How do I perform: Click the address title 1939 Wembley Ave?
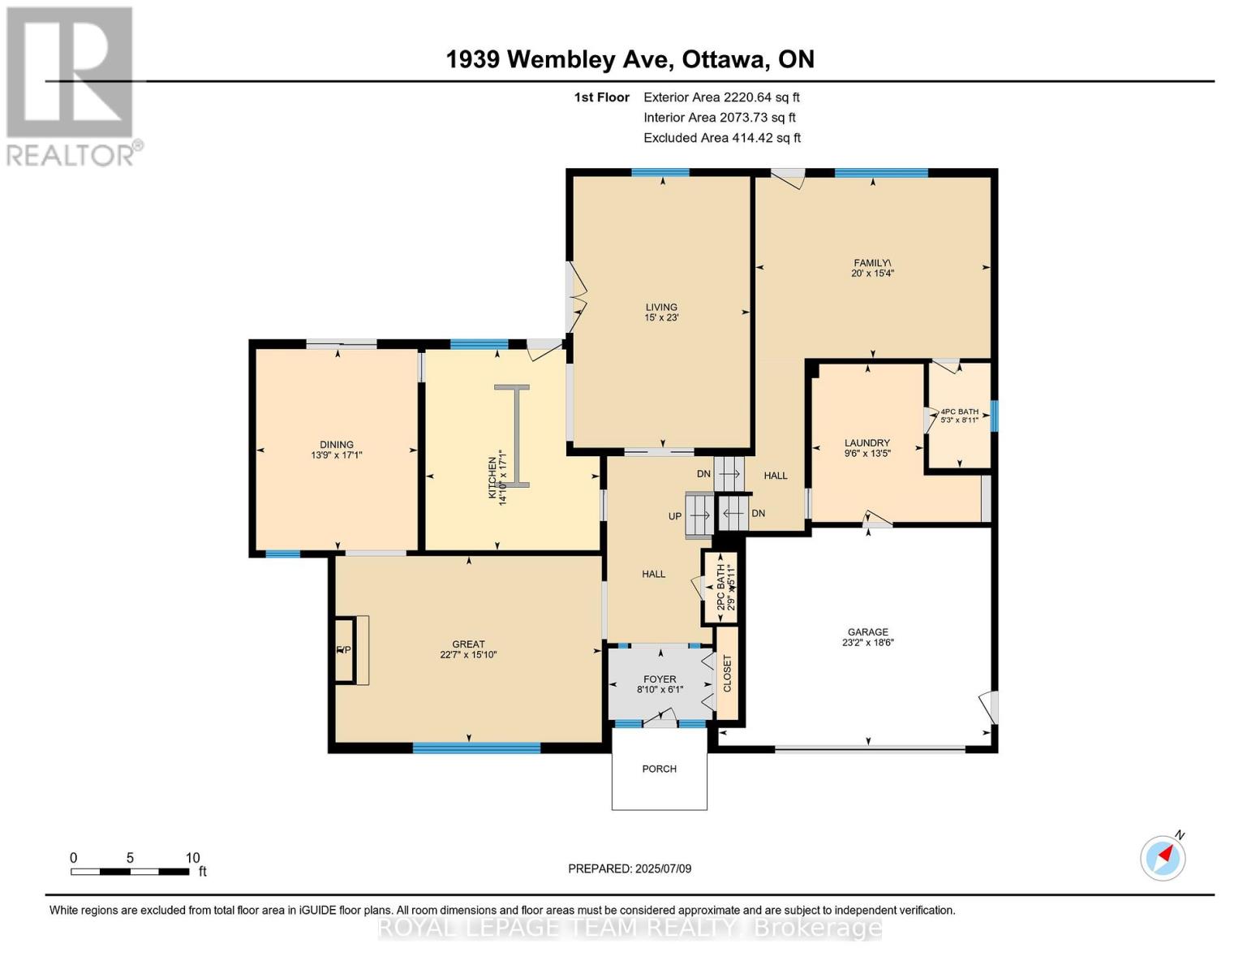630,59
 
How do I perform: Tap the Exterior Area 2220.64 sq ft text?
721,97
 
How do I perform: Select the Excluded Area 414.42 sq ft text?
721,138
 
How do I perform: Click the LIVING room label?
661,312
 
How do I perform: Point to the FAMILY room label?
872,268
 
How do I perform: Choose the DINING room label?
336,450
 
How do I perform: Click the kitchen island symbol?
512,436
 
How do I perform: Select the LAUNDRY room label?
867,448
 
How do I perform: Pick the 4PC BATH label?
959,416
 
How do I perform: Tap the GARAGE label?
867,636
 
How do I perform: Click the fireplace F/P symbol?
344,650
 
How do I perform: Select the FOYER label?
660,684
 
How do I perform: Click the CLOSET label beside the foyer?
728,673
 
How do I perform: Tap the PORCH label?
659,769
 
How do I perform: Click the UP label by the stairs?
675,516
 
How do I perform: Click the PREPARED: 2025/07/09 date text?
630,868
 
